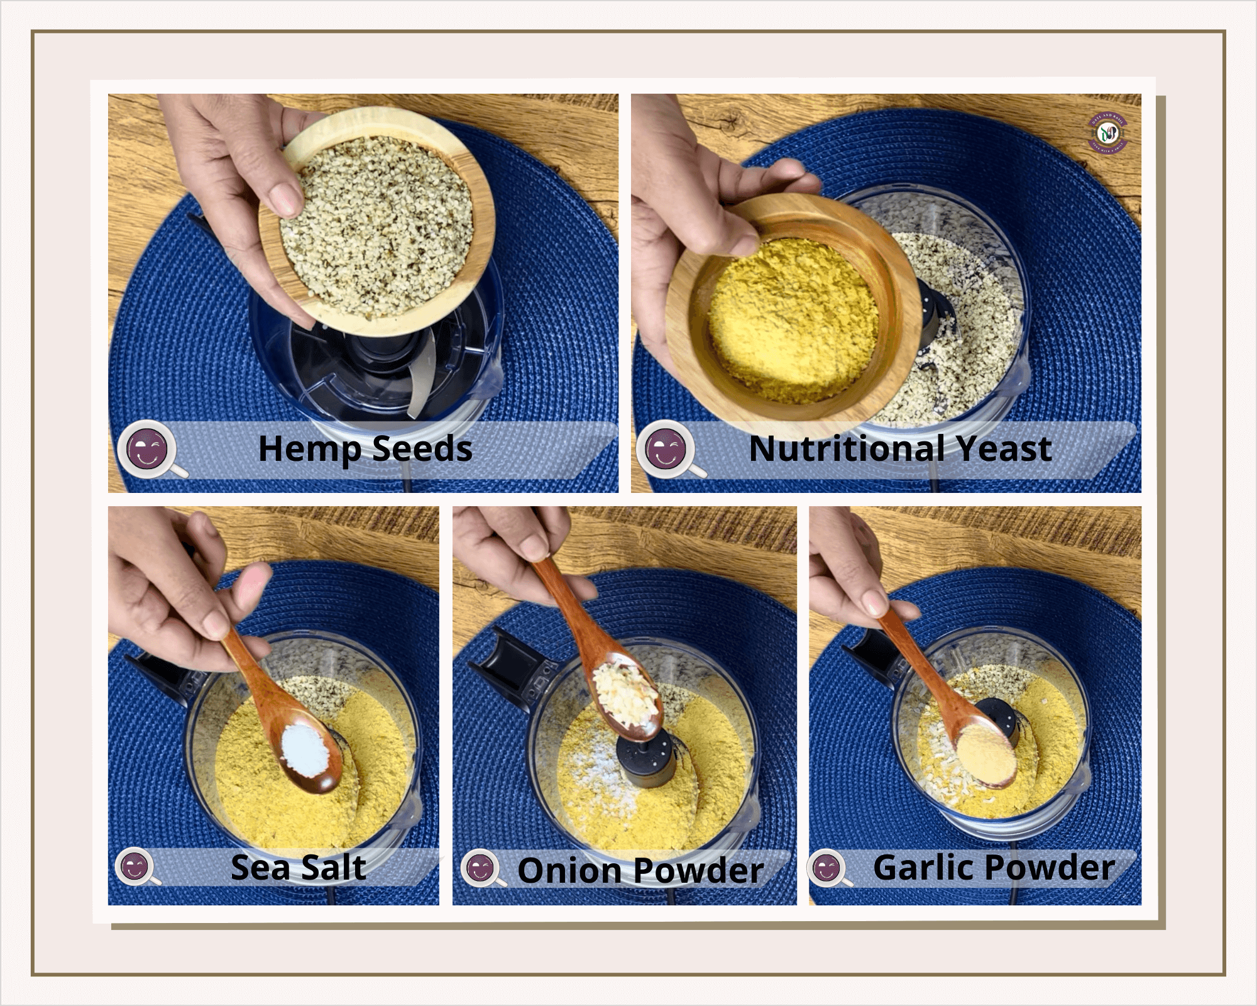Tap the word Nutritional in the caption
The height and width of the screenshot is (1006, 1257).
coord(846,449)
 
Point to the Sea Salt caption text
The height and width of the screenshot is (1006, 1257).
coord(298,868)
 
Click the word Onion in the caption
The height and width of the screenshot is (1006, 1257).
coord(569,871)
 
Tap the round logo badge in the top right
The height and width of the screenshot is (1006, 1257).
coord(1108,133)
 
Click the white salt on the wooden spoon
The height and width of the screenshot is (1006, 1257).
coord(305,748)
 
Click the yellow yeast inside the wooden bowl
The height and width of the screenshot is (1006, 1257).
coord(792,321)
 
